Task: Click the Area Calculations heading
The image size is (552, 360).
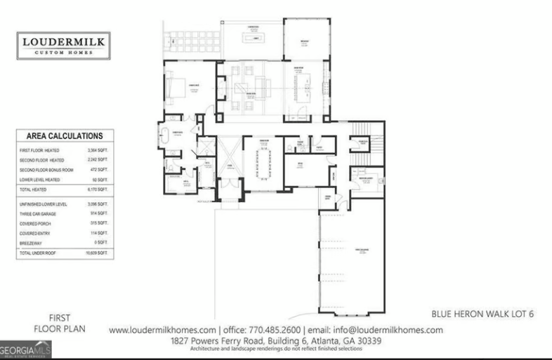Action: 64,136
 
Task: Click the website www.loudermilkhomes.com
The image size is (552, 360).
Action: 162,330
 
